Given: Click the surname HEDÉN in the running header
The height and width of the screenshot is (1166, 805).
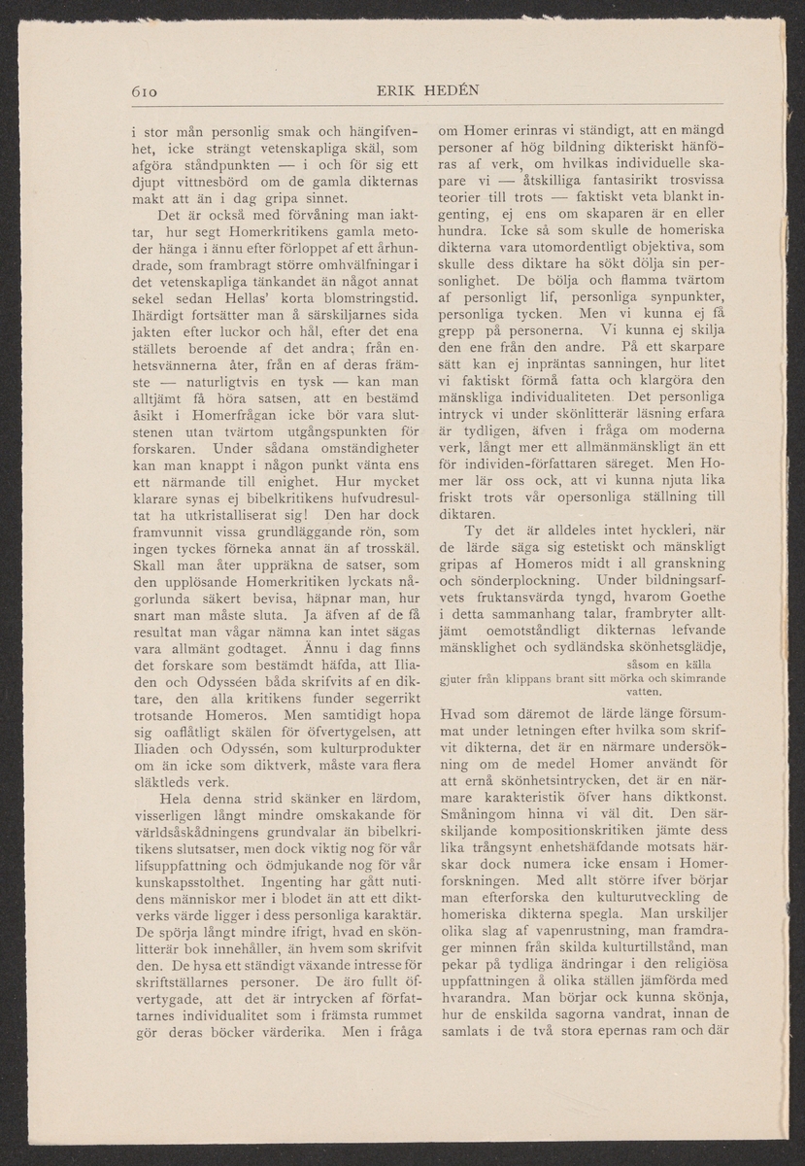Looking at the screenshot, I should [449, 92].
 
